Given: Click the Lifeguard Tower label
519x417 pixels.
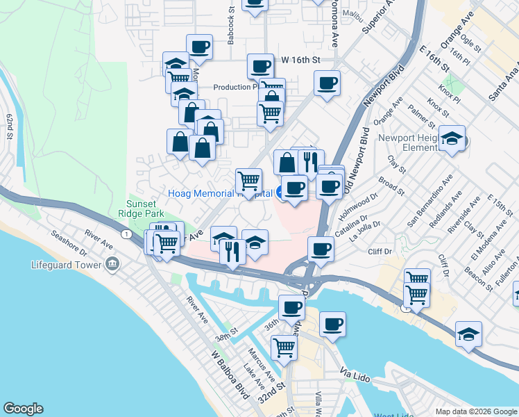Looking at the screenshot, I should [67, 264].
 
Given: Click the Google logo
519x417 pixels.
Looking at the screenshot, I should [23, 409].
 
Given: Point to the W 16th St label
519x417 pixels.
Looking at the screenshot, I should [300, 60].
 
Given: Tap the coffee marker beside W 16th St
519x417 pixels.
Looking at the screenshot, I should [260, 67].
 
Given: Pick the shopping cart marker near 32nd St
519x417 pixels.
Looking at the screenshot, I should [284, 346].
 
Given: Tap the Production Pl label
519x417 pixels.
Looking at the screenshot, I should [235, 87].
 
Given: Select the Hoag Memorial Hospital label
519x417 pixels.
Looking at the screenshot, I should [219, 193].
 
